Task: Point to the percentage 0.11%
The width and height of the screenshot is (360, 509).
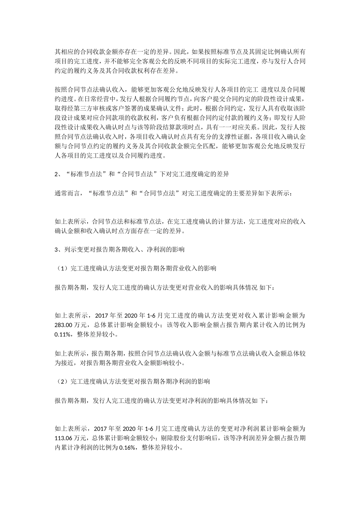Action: tap(63, 334)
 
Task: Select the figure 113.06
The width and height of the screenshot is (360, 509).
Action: tap(63, 438)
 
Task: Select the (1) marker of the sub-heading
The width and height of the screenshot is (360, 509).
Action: tap(61, 269)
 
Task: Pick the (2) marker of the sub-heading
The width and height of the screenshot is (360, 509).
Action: tap(61, 382)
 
